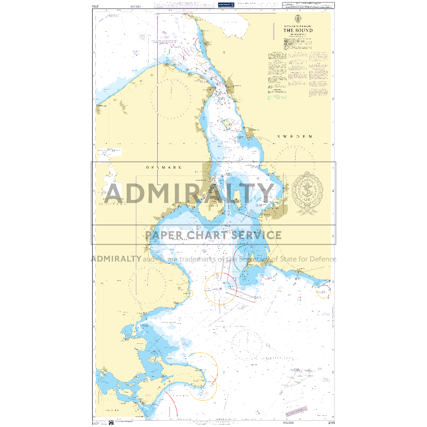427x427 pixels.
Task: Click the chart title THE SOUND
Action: click(298, 30)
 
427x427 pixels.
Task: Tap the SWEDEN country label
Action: click(295, 136)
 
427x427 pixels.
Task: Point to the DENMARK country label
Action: click(164, 167)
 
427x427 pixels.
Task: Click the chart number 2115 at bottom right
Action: click(331, 423)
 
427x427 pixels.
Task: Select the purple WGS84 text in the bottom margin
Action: click(288, 423)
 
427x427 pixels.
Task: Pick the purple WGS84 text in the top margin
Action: click(136, 6)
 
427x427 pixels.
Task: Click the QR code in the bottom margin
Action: click(111, 423)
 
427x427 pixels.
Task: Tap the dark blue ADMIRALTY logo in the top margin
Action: click(226, 5)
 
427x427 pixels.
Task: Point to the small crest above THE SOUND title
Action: click(298, 19)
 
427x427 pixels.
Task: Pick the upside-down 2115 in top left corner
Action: click(95, 6)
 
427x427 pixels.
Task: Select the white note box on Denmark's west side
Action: click(110, 152)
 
